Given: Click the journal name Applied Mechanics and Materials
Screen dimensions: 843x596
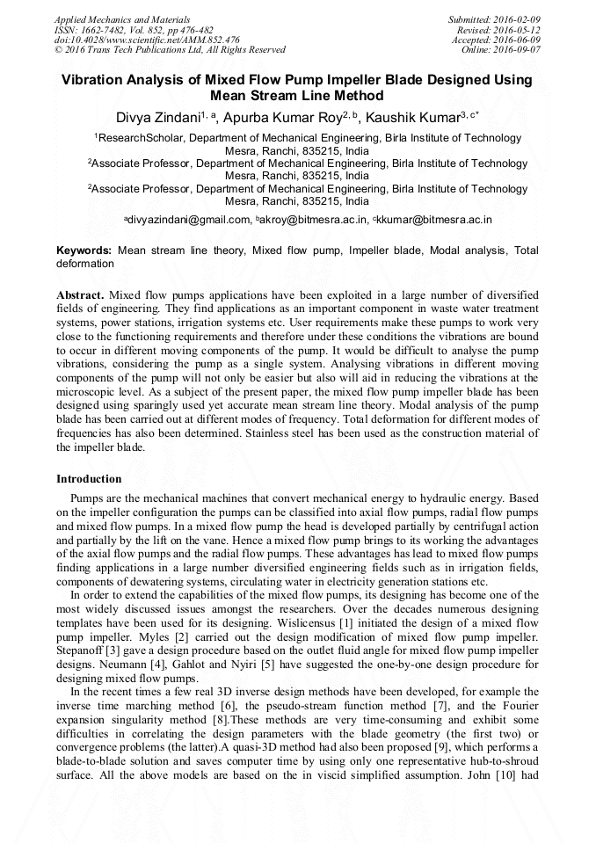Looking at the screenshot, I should [121, 19].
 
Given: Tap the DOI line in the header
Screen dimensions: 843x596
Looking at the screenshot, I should [147, 40].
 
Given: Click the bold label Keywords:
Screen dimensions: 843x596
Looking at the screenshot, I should [84, 251].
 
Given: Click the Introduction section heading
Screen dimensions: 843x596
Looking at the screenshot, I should [89, 479].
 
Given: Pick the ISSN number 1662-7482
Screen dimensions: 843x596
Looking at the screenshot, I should [105, 30].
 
